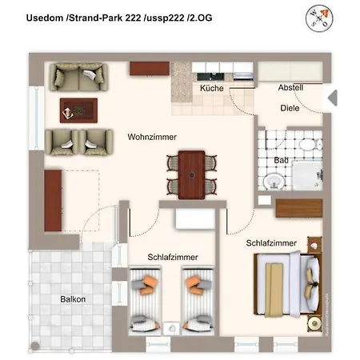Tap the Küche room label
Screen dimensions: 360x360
[x=212, y=89]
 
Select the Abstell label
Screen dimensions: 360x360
[x=290, y=87]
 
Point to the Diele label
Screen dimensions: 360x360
[x=290, y=108]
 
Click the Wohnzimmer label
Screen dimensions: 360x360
[x=151, y=137]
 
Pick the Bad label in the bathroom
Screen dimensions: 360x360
[x=281, y=160]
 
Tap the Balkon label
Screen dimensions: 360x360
[x=73, y=299]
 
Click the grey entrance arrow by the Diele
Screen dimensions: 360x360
[x=334, y=98]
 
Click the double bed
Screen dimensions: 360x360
[x=285, y=282]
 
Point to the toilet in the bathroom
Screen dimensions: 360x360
[x=309, y=147]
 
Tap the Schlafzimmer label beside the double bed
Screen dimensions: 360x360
[x=271, y=242]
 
